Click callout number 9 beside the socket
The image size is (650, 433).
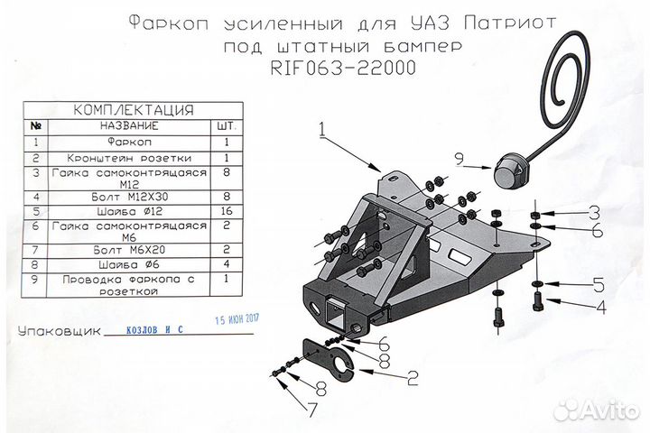(x=459, y=159)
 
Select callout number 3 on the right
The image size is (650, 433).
(x=593, y=213)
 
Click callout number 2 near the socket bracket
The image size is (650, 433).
(x=413, y=379)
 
